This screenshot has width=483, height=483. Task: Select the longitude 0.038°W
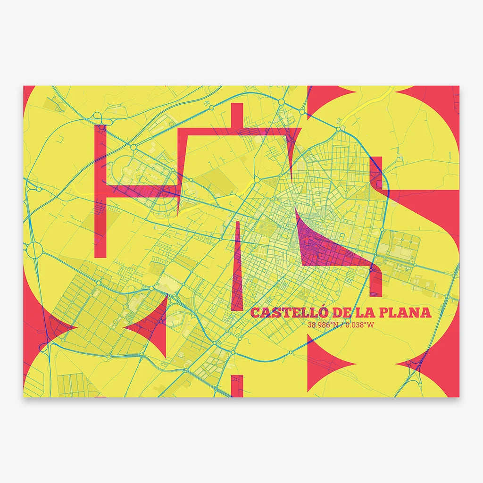click(x=359, y=325)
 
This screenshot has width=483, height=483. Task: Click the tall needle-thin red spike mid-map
click(x=239, y=269)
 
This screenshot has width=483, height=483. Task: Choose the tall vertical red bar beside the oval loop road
click(x=100, y=189)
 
